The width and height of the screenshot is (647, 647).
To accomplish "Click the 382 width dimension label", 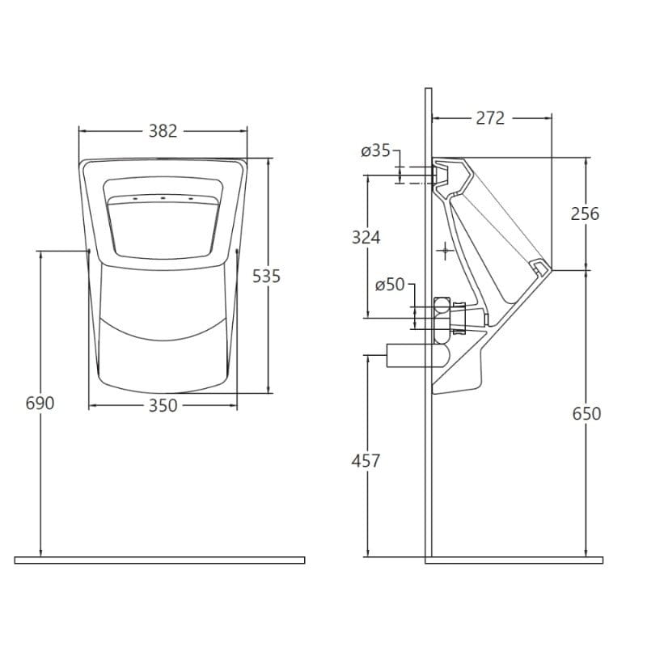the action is click(x=163, y=131).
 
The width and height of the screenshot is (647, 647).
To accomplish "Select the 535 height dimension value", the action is click(x=267, y=276).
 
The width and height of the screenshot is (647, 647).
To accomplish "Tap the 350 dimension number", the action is click(x=163, y=406).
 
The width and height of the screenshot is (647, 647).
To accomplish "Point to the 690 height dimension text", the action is click(x=40, y=403).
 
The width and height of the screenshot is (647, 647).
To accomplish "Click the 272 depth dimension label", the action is click(x=490, y=118).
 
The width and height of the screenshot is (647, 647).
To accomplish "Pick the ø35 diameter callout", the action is click(x=375, y=151).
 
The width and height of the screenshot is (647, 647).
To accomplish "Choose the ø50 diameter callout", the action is click(x=390, y=285).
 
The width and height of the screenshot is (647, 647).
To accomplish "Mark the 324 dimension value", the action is click(x=366, y=238).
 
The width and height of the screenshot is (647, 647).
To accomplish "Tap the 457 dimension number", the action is click(x=366, y=461).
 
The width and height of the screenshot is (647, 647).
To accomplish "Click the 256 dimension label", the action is click(x=585, y=214).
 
